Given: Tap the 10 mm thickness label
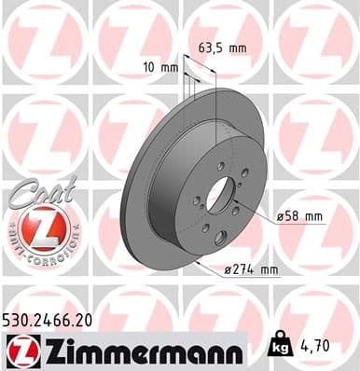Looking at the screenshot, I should (x=162, y=68).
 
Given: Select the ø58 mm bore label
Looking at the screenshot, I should (x=300, y=216).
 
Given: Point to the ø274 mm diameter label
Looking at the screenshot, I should (x=252, y=270).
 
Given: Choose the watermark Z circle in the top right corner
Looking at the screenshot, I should (x=317, y=37).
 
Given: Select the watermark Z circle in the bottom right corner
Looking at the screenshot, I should (x=317, y=308).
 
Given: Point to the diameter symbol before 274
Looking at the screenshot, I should (x=228, y=271).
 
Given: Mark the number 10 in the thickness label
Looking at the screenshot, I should (x=153, y=68).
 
